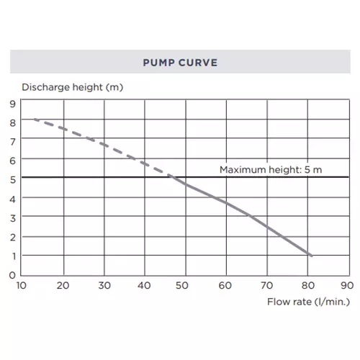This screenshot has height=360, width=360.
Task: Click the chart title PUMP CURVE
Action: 180,63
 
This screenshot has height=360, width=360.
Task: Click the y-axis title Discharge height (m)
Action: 73,87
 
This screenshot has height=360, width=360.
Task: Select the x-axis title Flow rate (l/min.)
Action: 309,302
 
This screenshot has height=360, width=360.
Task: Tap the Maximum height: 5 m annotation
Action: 271,170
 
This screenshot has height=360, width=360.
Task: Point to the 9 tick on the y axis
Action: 12,104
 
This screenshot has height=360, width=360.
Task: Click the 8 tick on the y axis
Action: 12,123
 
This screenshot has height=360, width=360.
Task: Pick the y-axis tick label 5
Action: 13,180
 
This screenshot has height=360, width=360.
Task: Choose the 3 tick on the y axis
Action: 13,218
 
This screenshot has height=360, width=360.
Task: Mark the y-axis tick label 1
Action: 14,256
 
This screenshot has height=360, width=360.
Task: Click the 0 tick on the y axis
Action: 12,275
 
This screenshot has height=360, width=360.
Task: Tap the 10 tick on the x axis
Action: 21,286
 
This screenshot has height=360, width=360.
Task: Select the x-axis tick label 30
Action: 104,286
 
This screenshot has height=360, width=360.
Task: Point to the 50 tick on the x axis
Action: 182,286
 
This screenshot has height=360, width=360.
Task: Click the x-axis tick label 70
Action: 266,286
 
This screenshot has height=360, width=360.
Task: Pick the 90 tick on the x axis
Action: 347,286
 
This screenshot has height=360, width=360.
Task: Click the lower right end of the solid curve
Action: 312,256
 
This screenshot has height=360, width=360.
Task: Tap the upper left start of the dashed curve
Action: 35,119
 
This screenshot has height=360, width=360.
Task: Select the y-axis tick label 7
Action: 13,142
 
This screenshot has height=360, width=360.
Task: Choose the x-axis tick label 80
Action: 308,286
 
